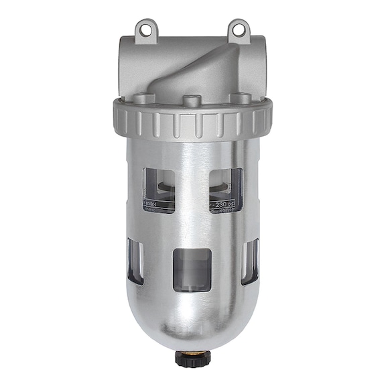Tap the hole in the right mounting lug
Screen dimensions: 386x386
point(239,27)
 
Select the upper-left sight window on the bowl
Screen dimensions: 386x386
point(159,190)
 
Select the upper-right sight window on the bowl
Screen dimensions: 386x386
point(225,190)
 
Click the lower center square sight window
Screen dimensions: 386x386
point(192,270)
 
